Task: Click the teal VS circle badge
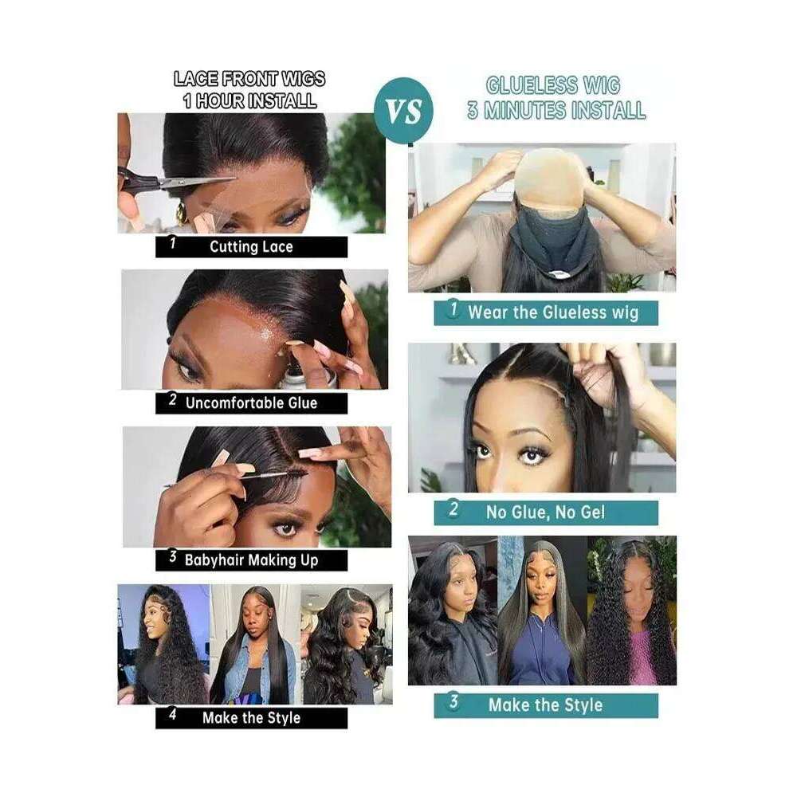tap(403, 110)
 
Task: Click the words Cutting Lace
tap(251, 247)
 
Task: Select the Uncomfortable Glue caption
tap(251, 403)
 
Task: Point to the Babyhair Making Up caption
tap(251, 560)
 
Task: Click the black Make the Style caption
tap(251, 718)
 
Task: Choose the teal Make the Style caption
tap(545, 705)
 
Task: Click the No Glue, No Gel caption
tap(545, 512)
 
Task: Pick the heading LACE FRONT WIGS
tap(249, 79)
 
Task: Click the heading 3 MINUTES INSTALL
tap(556, 110)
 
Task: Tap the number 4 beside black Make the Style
tap(173, 715)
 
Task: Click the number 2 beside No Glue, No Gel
tap(453, 508)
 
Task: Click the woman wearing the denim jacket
tap(254, 646)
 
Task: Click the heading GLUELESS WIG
tap(553, 85)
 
